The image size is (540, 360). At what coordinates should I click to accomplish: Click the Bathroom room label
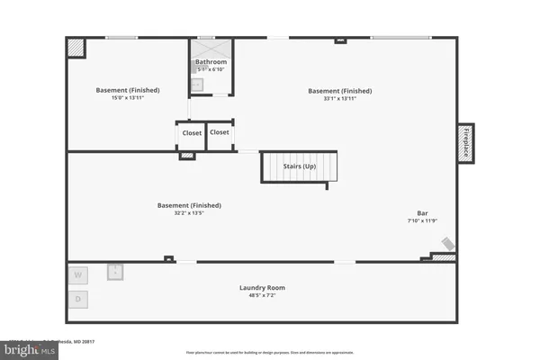click(211, 62)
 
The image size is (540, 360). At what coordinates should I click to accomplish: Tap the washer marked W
click(78, 274)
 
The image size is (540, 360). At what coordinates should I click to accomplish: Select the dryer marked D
click(78, 299)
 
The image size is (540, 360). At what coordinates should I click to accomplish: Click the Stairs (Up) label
click(300, 167)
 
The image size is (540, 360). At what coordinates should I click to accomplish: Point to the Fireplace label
click(466, 144)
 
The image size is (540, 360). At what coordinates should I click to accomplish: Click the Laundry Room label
click(262, 287)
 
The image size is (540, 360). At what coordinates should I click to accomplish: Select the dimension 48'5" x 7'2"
click(262, 295)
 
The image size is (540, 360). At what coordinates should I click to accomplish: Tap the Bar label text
click(422, 213)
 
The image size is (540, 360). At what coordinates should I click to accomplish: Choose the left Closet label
click(192, 133)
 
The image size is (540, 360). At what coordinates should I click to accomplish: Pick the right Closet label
click(220, 132)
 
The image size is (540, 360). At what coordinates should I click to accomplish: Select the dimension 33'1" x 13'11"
click(339, 97)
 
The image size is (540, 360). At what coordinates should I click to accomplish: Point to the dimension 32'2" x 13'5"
click(189, 212)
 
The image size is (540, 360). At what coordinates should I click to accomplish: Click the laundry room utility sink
click(116, 271)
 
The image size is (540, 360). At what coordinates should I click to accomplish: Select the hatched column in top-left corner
click(77, 47)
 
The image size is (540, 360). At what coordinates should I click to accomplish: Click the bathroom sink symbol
click(197, 85)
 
